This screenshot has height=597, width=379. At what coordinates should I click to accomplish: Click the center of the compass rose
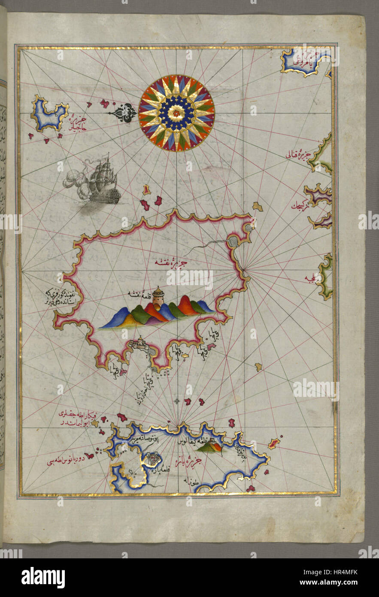176,113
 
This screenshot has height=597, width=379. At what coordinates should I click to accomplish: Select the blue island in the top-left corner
49,114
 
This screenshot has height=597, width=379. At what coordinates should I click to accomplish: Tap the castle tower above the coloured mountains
158,297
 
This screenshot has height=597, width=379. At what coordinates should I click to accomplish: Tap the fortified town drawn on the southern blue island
152,460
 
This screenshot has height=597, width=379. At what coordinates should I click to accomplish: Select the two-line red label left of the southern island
86,419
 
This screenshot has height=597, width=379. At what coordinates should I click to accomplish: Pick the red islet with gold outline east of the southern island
274,443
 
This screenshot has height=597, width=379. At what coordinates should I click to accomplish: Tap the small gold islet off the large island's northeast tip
257,207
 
